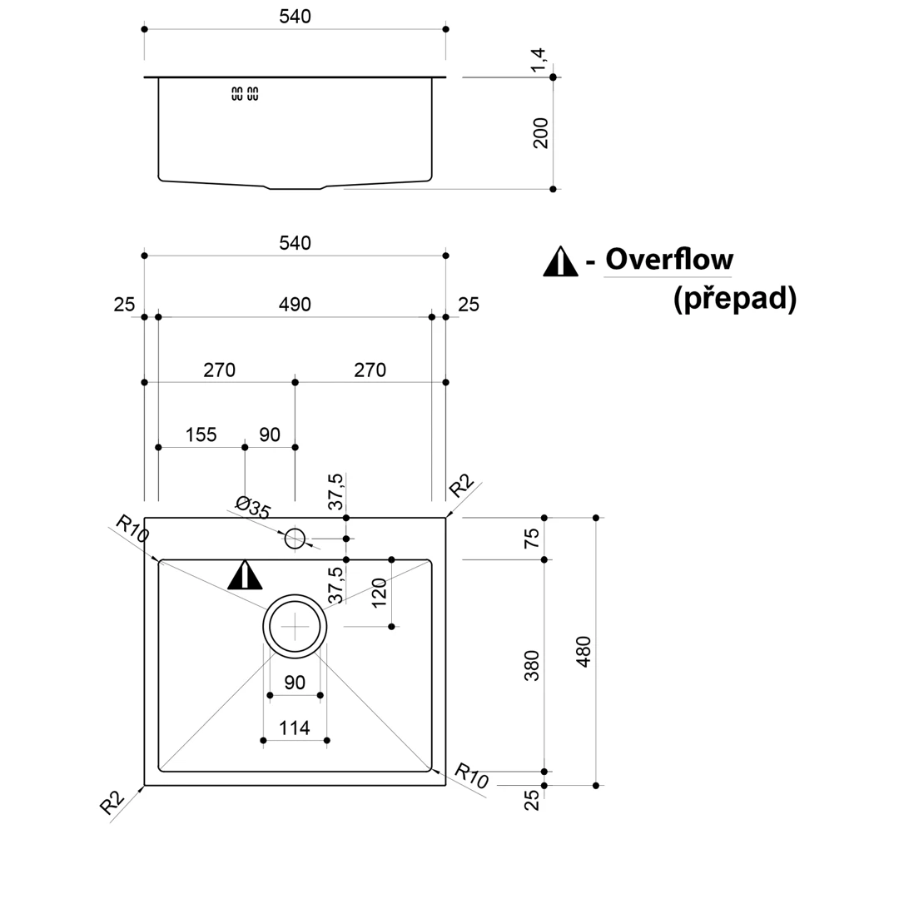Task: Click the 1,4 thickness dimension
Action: [x=539, y=60]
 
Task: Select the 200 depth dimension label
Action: [x=540, y=133]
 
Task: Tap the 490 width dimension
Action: [x=295, y=304]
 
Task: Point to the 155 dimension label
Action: [x=201, y=435]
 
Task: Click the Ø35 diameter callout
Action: [x=253, y=508]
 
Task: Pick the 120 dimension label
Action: [x=379, y=593]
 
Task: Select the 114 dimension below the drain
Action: [x=294, y=728]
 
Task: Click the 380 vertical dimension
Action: [x=531, y=665]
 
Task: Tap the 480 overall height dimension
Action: [x=583, y=651]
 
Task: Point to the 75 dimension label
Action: [x=531, y=539]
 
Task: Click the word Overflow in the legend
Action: [x=669, y=259]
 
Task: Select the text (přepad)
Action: [x=735, y=299]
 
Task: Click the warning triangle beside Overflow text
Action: [x=560, y=262]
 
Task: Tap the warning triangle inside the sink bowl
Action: [x=245, y=575]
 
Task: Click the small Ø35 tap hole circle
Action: [x=295, y=539]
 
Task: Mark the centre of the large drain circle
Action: [x=295, y=627]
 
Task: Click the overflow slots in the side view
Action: [x=245, y=93]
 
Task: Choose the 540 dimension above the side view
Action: [x=296, y=17]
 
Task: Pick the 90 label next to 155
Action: [x=270, y=435]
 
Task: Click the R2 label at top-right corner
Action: [x=461, y=485]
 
